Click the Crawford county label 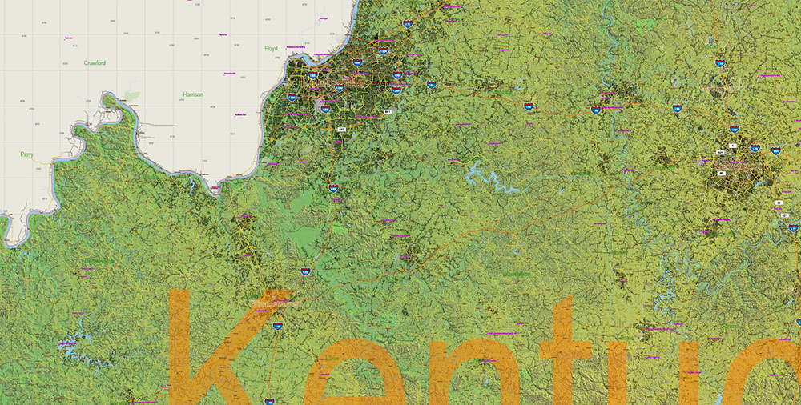pos(95,62)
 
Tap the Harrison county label pos(193,94)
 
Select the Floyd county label pos(272,49)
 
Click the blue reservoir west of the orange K pos(68,345)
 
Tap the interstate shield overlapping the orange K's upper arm pos(277,326)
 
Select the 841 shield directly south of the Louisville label pos(342,128)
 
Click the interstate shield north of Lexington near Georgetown pos(720,62)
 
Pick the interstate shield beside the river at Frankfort pos(596,110)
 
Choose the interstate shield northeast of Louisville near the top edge pos(408,25)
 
